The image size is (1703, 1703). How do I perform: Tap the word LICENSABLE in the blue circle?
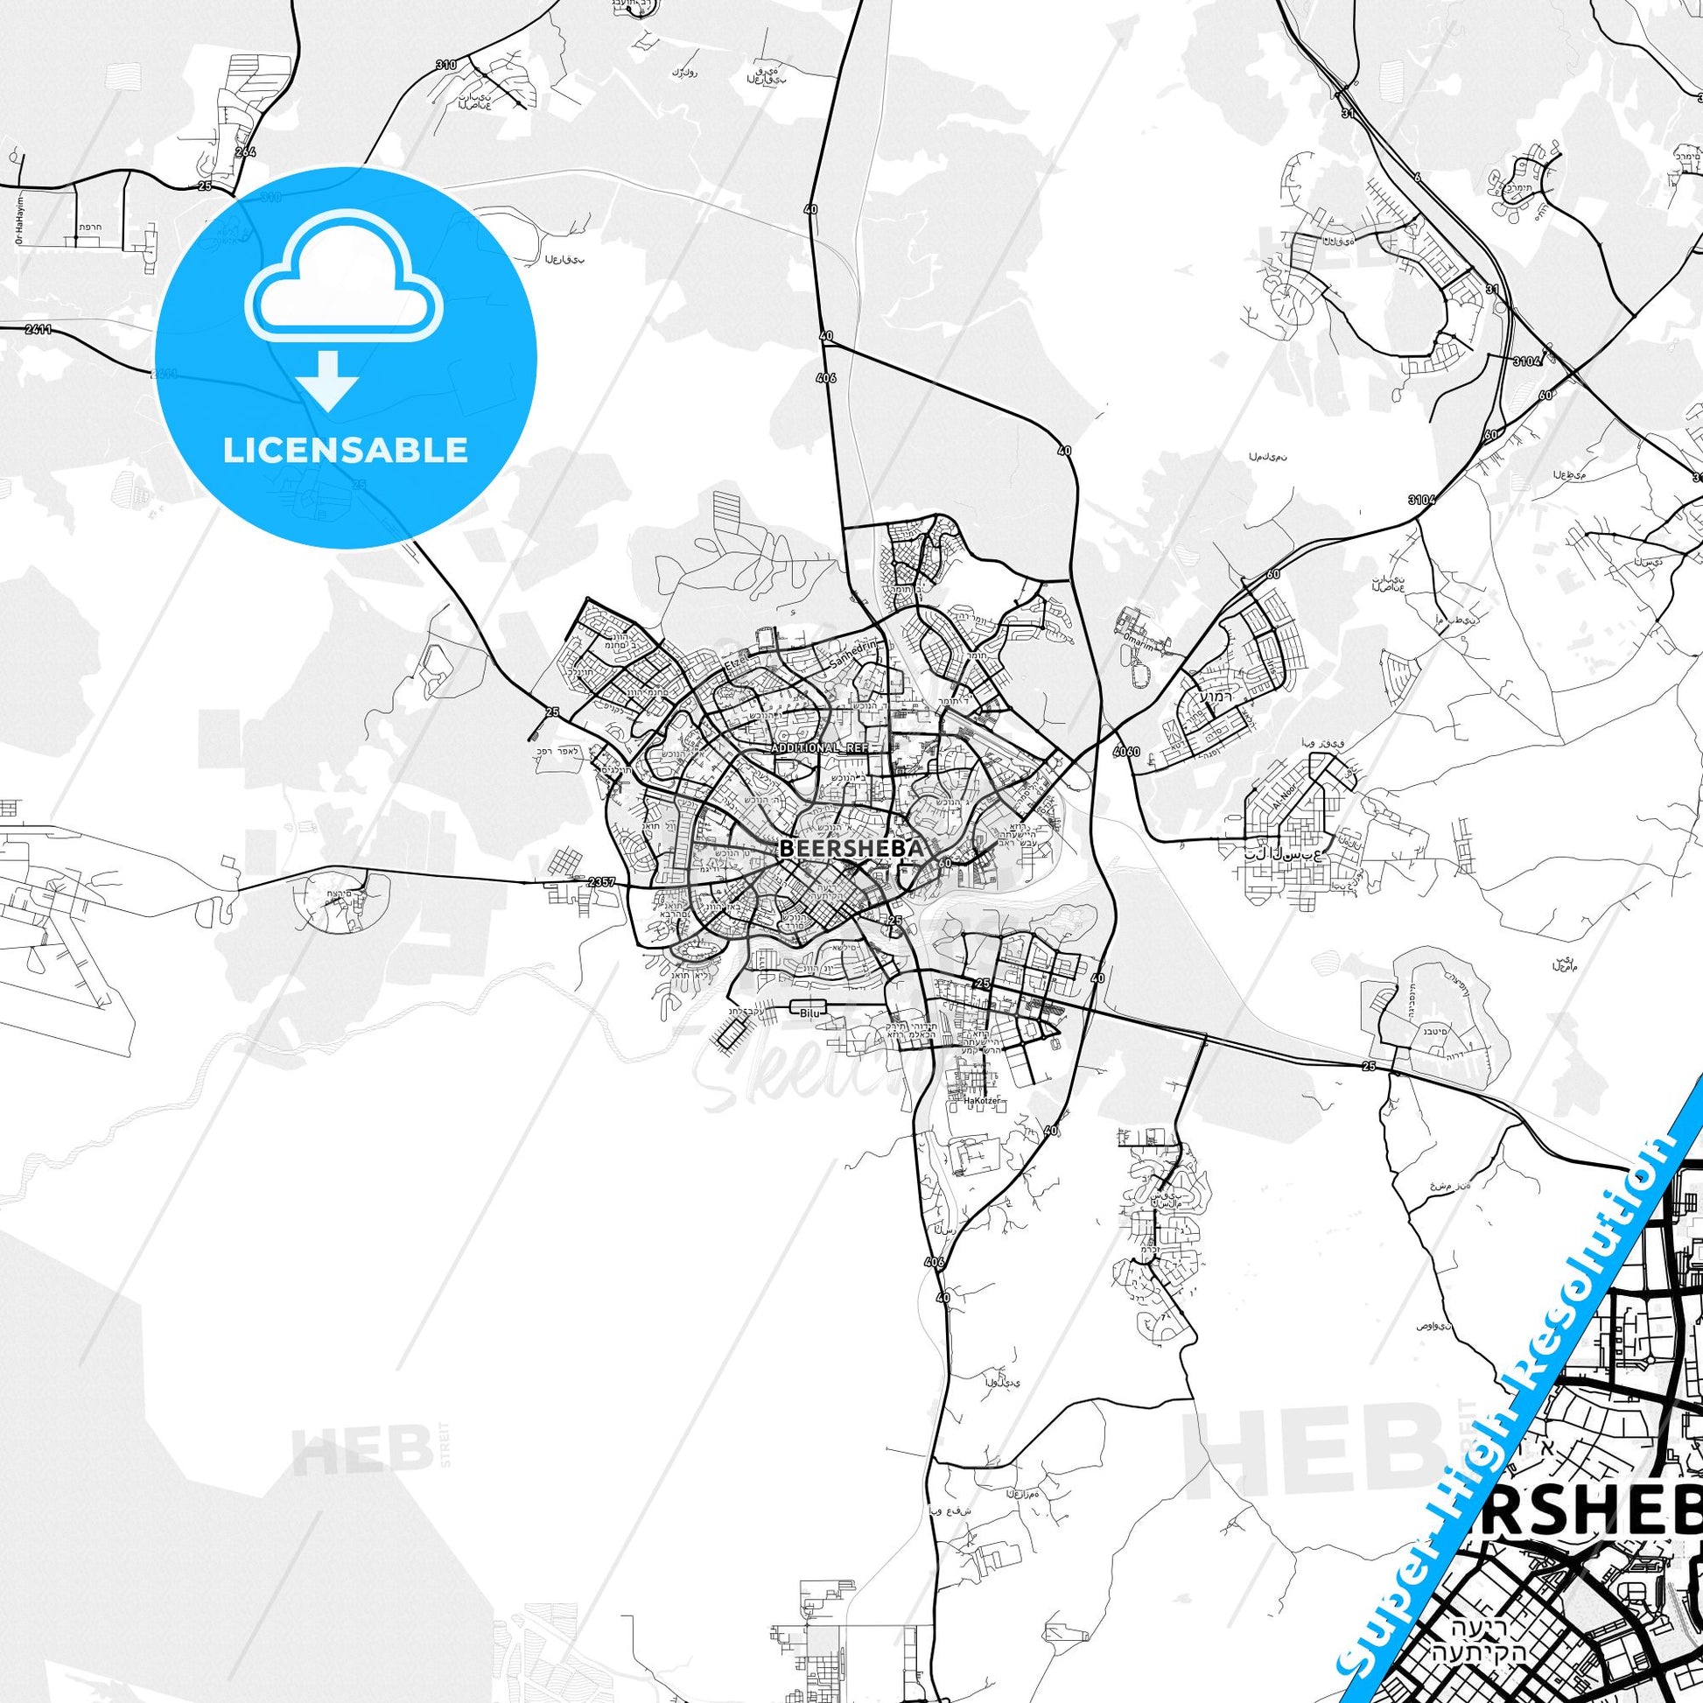(x=345, y=451)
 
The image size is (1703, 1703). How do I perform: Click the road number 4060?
(x=1125, y=751)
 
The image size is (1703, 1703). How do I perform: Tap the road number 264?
(x=245, y=152)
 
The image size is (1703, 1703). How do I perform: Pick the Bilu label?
(x=809, y=1014)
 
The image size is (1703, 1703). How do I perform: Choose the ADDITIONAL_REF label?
(x=819, y=747)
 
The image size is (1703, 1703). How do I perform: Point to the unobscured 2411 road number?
(x=39, y=330)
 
